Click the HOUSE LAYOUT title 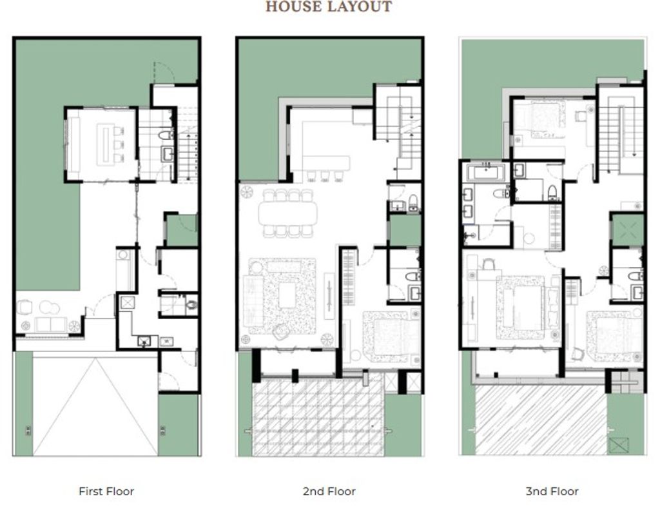point(329,6)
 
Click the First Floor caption point(106,491)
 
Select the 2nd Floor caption point(329,491)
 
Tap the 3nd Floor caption point(552,491)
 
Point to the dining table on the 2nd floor point(287,213)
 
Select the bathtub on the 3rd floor point(486,173)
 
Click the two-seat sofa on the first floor point(50,325)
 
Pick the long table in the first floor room point(104,143)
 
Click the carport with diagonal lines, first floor point(95,406)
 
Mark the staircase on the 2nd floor point(398,130)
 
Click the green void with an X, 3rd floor point(626,230)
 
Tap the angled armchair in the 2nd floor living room point(280,332)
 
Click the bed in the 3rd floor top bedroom point(547,120)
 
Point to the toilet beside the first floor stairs point(166,135)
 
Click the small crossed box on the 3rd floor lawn point(618,445)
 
